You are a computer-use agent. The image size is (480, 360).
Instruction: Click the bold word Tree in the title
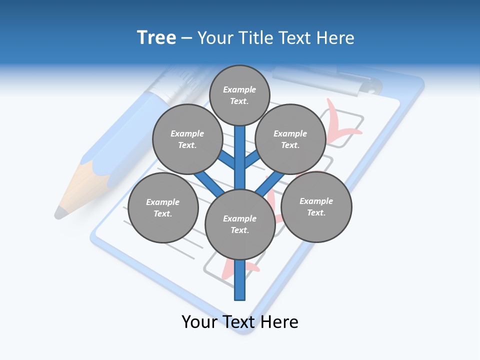click(x=156, y=38)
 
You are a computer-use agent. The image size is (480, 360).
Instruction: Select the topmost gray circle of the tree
click(x=239, y=95)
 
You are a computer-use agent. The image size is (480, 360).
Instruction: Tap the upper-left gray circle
click(x=187, y=139)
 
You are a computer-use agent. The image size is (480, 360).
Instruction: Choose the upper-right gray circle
click(x=290, y=139)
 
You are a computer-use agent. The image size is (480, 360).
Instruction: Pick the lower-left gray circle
click(x=163, y=208)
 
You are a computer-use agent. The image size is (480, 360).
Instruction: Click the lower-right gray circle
click(x=316, y=207)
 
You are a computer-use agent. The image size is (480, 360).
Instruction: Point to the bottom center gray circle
click(x=240, y=224)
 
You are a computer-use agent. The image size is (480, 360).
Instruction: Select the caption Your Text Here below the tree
click(x=240, y=322)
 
